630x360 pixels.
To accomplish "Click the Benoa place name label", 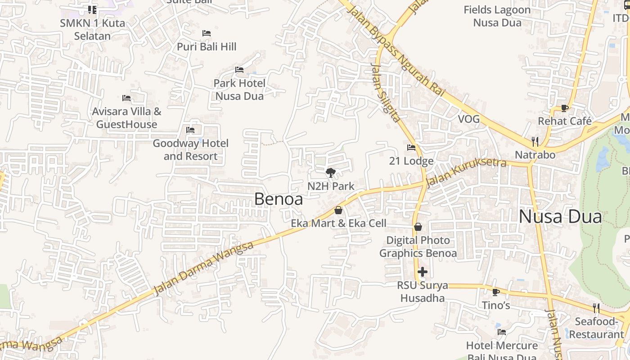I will coord(279,199).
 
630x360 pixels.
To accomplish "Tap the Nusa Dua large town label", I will coord(560,217).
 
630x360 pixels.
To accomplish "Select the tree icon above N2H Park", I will coord(330,172).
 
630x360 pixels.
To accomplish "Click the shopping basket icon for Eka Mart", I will coord(338,210).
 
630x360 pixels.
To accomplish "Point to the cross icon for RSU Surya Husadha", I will coord(422,272).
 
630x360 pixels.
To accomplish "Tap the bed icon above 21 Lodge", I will coord(411,147).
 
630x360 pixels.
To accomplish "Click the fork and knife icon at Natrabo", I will coord(535,142).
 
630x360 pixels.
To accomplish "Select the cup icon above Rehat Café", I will coord(564,108).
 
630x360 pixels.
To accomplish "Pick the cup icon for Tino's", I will coord(496,292).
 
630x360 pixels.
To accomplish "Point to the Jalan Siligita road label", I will coord(385,92).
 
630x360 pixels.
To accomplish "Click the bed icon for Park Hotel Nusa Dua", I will coord(239,70).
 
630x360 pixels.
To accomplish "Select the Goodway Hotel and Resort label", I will coord(190,150).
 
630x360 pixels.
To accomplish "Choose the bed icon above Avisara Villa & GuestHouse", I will coord(126,98).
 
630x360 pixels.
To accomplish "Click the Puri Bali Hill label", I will coord(207,46).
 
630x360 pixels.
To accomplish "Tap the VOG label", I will coord(468,119).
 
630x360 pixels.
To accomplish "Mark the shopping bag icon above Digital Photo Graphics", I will coord(418,227).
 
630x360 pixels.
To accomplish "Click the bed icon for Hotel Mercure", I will coord(502,332).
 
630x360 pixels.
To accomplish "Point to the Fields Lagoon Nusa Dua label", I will coord(497,16).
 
